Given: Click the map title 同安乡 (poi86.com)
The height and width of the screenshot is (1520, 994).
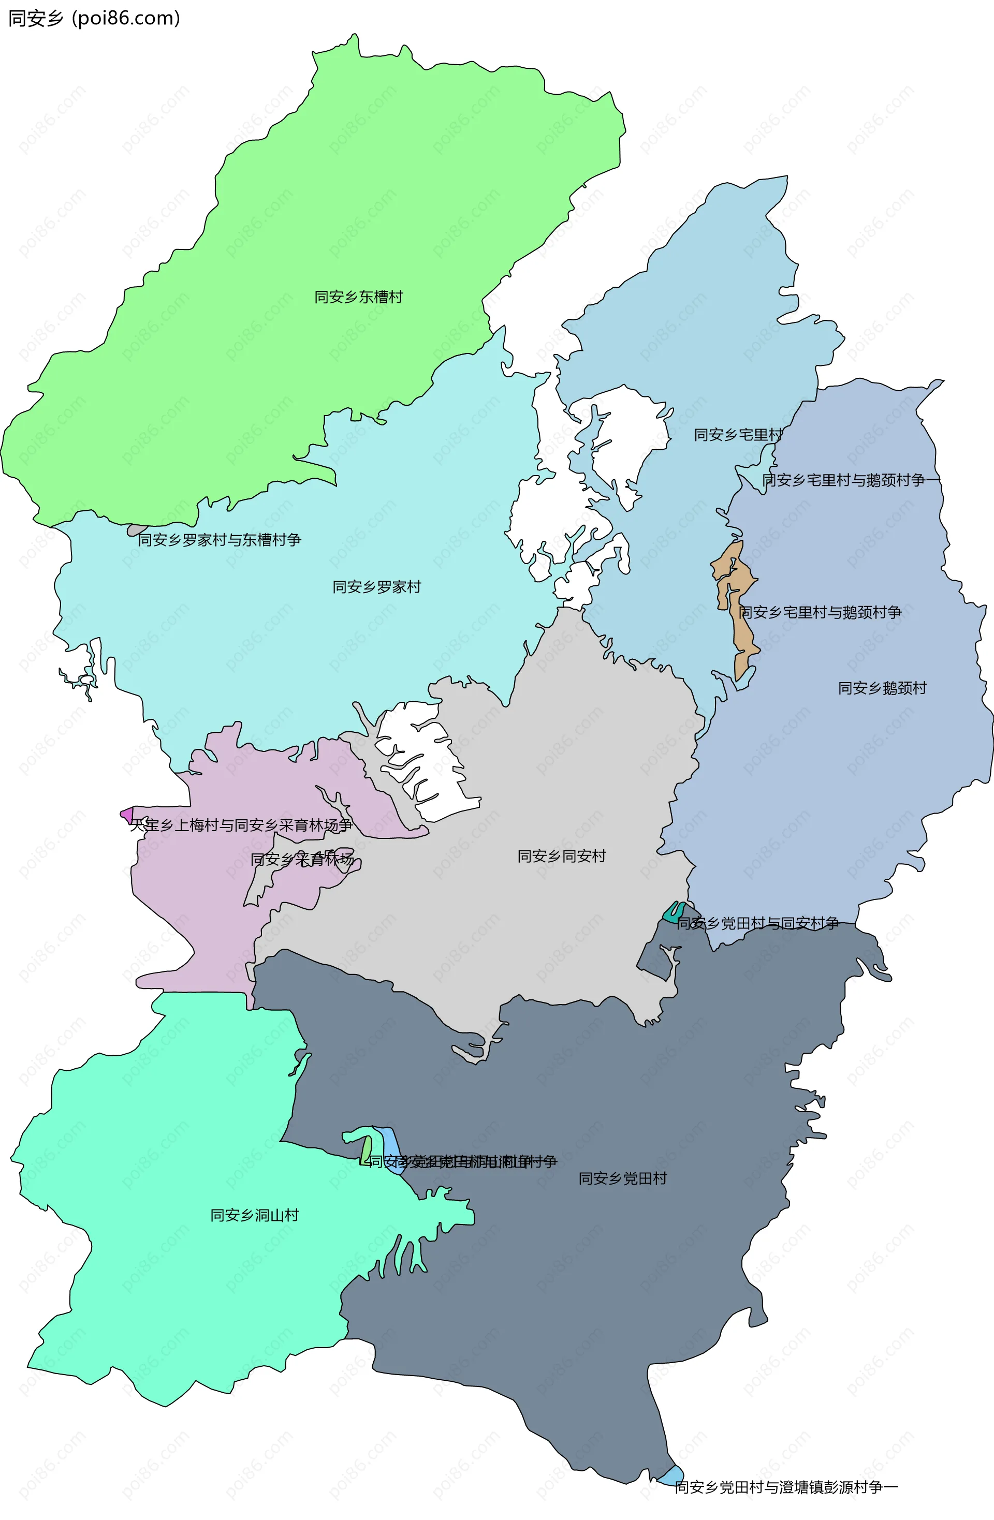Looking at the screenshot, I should pyautogui.click(x=94, y=18).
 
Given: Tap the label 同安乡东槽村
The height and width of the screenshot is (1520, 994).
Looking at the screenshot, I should pyautogui.click(x=358, y=297).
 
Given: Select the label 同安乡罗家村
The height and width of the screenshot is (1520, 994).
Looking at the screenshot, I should pyautogui.click(x=376, y=587).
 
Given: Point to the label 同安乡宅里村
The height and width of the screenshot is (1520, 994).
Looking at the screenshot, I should pyautogui.click(x=738, y=435).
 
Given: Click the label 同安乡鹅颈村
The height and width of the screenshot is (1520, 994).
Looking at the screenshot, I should pyautogui.click(x=882, y=688).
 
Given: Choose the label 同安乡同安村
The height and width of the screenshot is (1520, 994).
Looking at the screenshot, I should pyautogui.click(x=562, y=856).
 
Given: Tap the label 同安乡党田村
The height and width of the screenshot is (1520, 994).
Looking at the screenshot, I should pyautogui.click(x=623, y=1178).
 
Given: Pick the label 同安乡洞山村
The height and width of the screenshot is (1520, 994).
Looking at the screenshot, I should pyautogui.click(x=255, y=1215).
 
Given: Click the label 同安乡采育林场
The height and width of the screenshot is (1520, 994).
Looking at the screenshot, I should pyautogui.click(x=302, y=860).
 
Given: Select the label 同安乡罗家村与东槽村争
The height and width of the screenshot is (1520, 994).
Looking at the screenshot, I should pyautogui.click(x=220, y=540).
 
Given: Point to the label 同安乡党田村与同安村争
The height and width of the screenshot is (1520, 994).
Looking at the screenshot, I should pyautogui.click(x=757, y=923).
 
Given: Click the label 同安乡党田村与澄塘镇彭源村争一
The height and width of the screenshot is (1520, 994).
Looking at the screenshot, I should pyautogui.click(x=786, y=1487).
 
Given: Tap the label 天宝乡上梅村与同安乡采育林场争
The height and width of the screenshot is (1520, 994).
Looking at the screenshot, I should pyautogui.click(x=241, y=825).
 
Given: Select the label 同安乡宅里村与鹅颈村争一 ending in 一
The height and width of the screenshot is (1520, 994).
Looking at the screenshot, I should pyautogui.click(x=852, y=480).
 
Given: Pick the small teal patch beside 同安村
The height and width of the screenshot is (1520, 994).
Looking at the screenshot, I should pyautogui.click(x=674, y=912).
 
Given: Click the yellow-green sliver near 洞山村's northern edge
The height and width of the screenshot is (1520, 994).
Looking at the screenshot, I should pyautogui.click(x=366, y=1149).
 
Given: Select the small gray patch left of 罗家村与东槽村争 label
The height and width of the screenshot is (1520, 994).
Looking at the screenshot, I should pyautogui.click(x=136, y=529).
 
